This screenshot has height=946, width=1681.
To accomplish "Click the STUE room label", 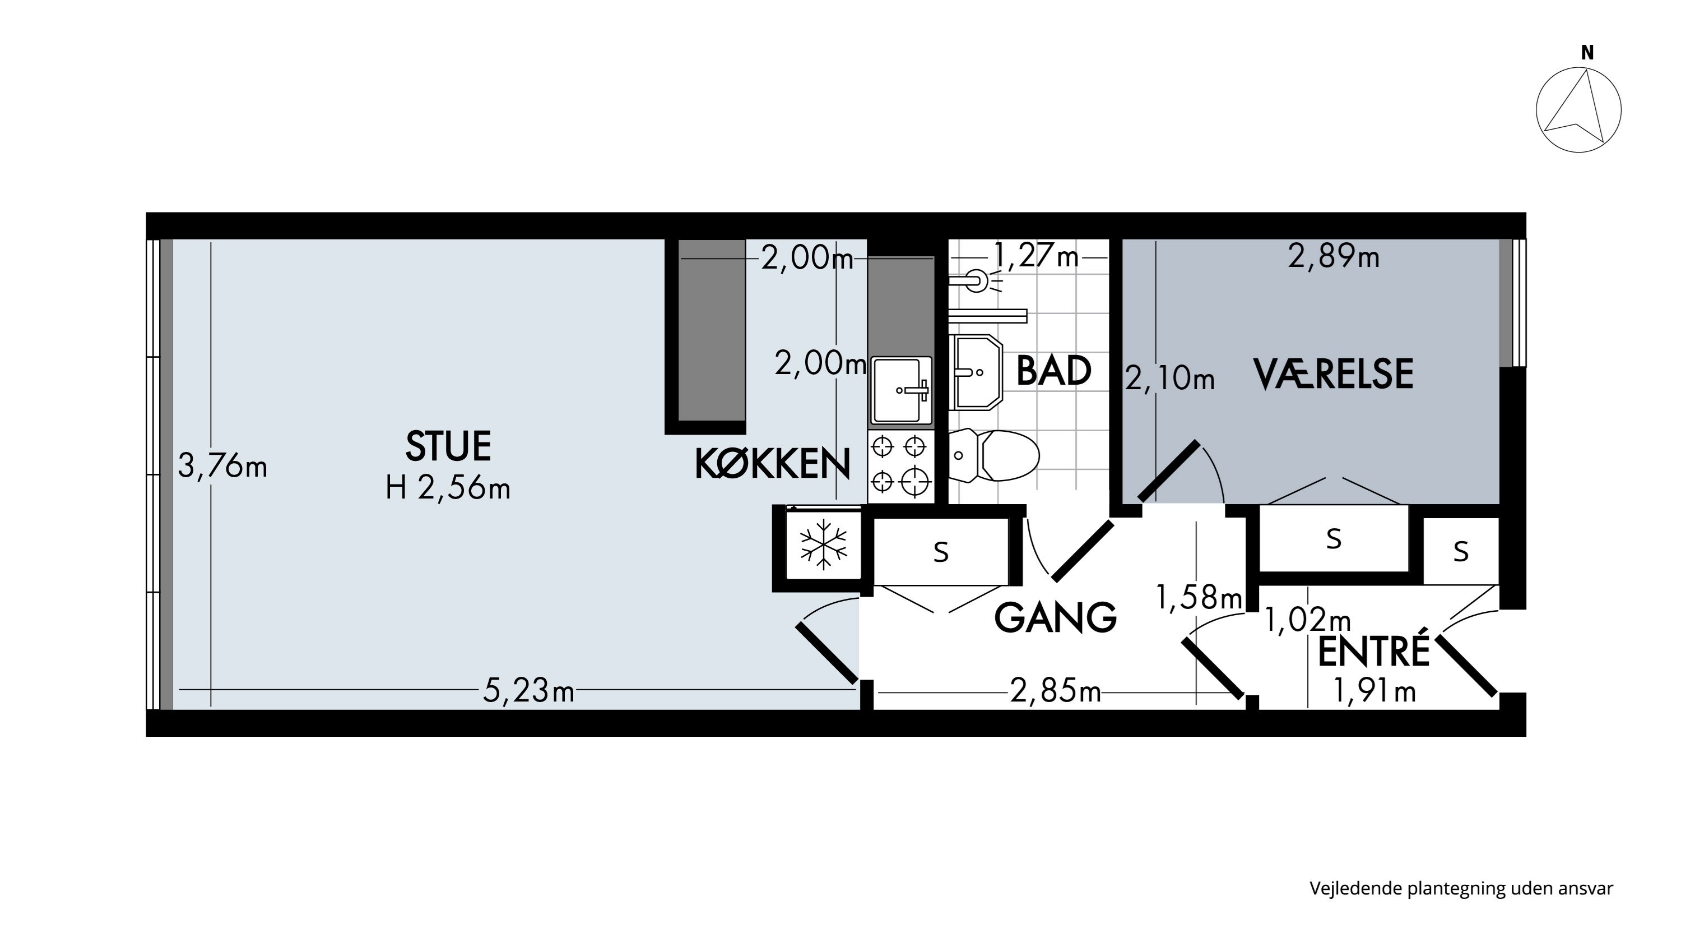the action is (448, 446).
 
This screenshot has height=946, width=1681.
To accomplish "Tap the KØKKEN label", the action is (773, 464).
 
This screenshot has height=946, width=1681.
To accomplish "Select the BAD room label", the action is (1053, 371).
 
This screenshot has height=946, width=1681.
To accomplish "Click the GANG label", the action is (1055, 617).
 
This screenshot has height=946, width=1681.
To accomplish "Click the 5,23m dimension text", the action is (528, 690).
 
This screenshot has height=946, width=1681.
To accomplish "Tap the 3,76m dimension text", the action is (222, 466).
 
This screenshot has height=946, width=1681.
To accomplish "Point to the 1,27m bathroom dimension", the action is (1035, 255).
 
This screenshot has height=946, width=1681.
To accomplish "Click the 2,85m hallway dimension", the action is (1055, 690).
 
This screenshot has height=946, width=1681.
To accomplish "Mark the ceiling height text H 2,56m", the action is (448, 488).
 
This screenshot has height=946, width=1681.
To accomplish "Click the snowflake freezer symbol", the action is (824, 544).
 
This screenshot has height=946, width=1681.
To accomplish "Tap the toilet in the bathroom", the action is (993, 455).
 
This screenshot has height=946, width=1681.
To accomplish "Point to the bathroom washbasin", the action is (976, 372).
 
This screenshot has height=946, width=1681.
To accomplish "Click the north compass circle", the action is (1578, 110).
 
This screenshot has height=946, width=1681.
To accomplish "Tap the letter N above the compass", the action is (1587, 53).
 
